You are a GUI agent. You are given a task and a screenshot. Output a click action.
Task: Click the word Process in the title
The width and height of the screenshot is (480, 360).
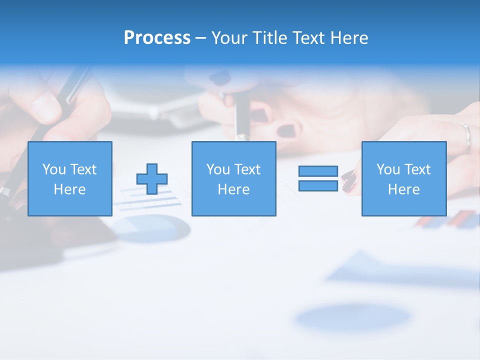click(x=157, y=38)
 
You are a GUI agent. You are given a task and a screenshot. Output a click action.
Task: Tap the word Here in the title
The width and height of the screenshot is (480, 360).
click(x=349, y=38)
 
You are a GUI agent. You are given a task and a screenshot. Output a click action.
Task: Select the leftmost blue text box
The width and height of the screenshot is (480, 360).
click(x=69, y=178)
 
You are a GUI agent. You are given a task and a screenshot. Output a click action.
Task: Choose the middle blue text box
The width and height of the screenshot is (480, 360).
click(x=233, y=178)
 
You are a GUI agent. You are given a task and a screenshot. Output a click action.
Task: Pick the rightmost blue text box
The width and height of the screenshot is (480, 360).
click(x=403, y=178)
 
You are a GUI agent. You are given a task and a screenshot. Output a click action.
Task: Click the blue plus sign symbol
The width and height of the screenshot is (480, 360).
click(x=152, y=178)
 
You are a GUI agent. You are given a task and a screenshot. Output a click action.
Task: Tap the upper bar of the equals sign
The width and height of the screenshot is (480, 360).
click(x=318, y=171)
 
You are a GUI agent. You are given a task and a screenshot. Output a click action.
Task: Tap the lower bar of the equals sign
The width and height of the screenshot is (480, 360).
click(x=318, y=185)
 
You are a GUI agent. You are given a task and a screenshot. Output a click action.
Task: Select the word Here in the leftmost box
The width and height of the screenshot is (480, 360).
click(x=69, y=189)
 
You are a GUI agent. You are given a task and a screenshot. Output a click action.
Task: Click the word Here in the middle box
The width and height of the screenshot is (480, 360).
click(x=233, y=189)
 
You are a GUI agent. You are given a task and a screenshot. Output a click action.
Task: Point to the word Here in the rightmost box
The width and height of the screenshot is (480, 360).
click(x=403, y=189)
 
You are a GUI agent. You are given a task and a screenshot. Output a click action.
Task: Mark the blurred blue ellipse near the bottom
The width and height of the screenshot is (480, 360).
click(x=353, y=317)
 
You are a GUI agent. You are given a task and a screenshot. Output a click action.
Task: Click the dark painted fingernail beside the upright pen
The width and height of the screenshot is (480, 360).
click(x=286, y=130)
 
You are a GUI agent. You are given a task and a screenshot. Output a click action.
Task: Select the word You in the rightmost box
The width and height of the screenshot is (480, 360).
click(x=388, y=169)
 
